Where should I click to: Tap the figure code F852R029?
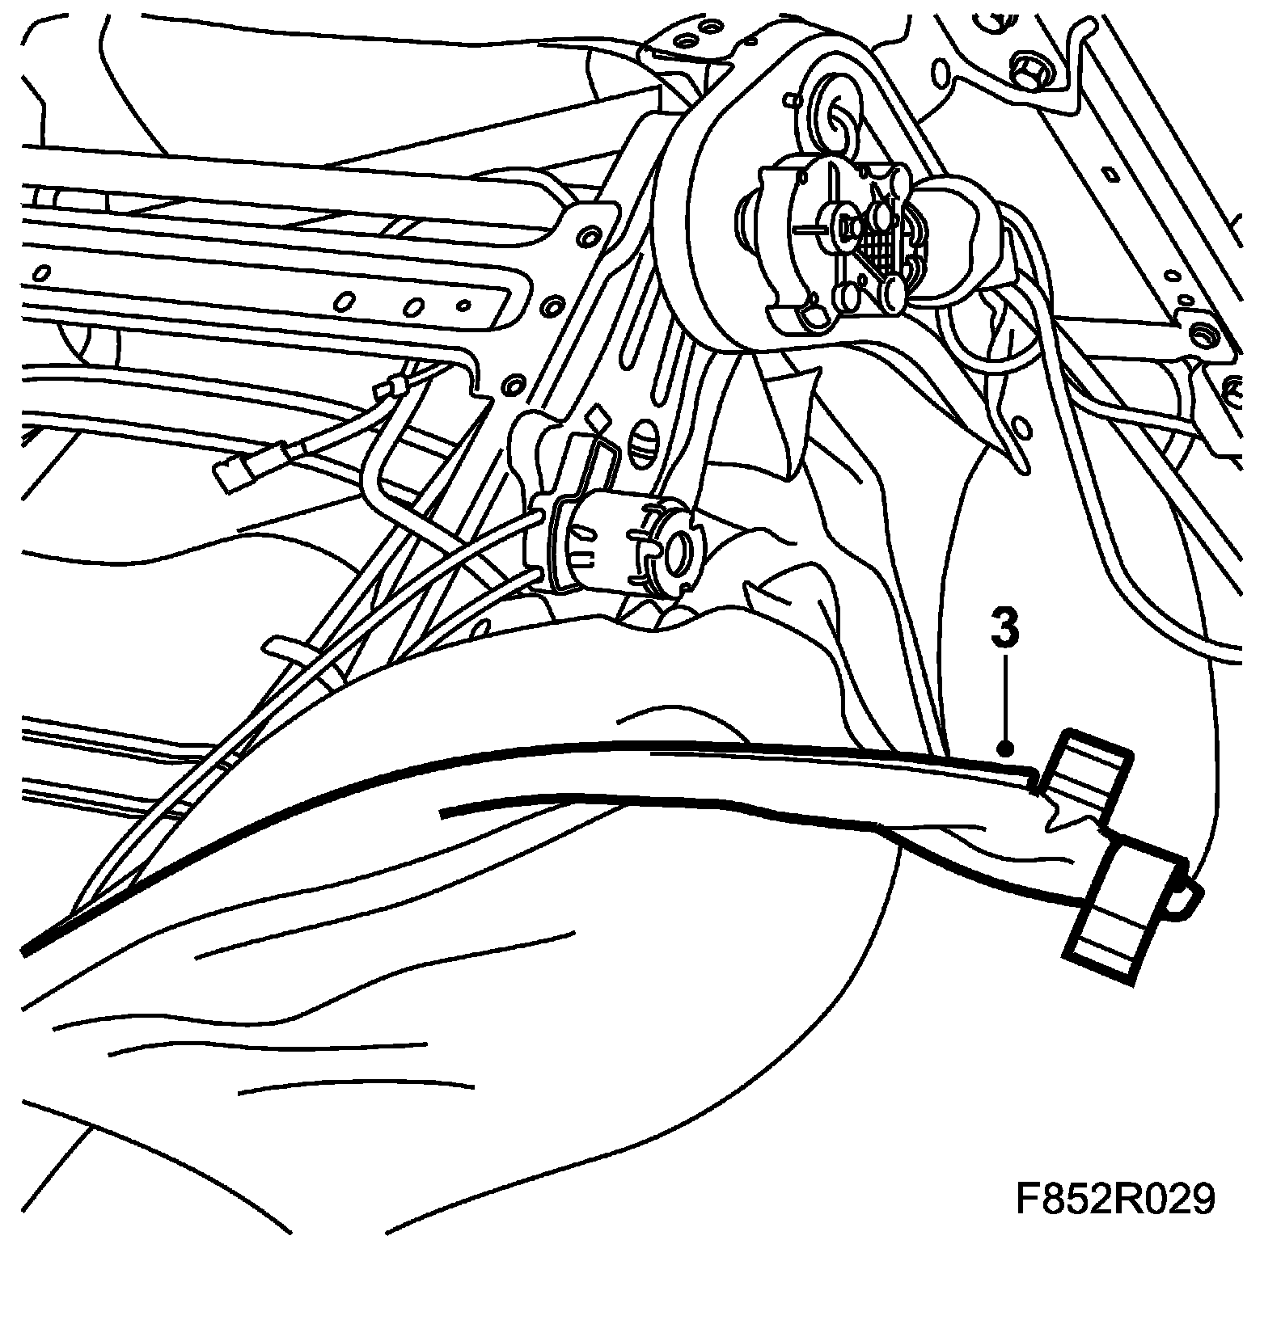pos(1115,1200)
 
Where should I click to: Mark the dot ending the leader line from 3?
pos(1005,748)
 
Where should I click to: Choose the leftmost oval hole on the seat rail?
pos(345,302)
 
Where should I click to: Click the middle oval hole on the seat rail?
pos(415,307)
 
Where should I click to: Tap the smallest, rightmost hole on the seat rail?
pos(463,306)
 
